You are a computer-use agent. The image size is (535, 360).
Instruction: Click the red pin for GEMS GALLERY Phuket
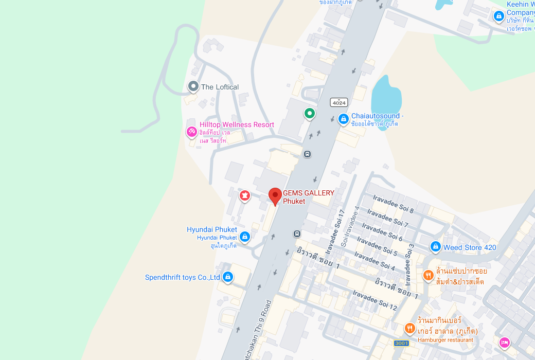click(x=275, y=196)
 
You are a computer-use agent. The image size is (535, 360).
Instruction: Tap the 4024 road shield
click(x=339, y=102)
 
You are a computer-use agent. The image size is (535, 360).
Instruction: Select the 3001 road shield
click(x=401, y=343)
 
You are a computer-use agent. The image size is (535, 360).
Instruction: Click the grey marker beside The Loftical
click(x=193, y=86)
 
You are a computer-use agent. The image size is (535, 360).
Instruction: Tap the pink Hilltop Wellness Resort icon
click(x=191, y=132)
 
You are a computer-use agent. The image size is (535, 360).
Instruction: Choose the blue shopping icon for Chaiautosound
click(x=343, y=119)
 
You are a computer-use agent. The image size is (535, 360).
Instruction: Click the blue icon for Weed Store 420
click(x=436, y=247)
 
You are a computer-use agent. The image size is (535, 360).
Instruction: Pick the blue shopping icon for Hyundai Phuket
click(x=245, y=237)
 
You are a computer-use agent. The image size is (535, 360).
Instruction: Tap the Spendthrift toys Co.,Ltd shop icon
click(x=227, y=277)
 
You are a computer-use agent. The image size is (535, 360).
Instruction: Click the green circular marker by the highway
click(x=309, y=113)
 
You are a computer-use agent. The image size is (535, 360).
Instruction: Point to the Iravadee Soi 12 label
click(x=375, y=300)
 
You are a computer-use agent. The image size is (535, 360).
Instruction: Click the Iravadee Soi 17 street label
click(x=335, y=227)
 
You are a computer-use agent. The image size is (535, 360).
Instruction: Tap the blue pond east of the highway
click(x=386, y=100)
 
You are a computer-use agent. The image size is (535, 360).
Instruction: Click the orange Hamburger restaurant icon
click(x=409, y=328)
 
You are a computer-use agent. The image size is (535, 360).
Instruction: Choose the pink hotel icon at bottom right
click(x=505, y=342)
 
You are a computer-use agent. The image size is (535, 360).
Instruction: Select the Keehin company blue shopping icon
click(x=498, y=16)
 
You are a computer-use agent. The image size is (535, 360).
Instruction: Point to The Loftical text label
click(x=220, y=87)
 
